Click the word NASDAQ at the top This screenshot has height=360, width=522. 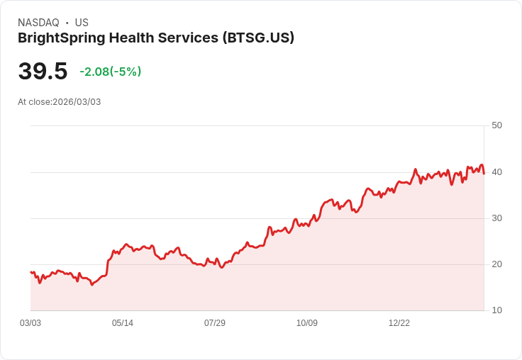[38, 23]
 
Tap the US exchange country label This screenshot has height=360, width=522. [82, 23]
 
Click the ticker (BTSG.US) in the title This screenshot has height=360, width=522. [258, 38]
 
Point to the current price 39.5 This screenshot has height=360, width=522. [43, 72]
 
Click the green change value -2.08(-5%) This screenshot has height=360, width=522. [110, 72]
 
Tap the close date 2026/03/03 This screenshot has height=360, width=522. [77, 102]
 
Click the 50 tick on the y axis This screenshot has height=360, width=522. [496, 125]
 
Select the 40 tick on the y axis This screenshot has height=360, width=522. [496, 171]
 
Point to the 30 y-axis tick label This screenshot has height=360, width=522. [496, 218]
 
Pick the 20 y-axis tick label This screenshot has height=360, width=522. [496, 264]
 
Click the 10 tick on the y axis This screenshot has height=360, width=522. [496, 310]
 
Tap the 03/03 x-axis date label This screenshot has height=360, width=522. [30, 323]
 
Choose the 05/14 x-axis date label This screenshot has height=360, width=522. [123, 323]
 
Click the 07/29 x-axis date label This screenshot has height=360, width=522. [215, 323]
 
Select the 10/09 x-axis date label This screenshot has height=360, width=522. [307, 323]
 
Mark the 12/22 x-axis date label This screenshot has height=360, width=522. [399, 323]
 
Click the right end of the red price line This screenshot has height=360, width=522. [484, 172]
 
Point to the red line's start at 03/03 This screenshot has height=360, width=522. [30, 272]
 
